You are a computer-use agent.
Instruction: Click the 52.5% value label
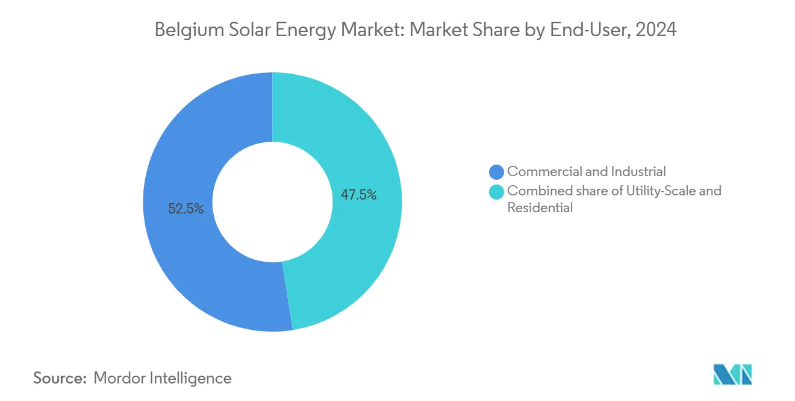[185, 209]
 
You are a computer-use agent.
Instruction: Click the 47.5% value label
[358, 195]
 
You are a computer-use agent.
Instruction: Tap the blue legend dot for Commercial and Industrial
[497, 172]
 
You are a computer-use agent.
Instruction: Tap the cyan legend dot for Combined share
[497, 192]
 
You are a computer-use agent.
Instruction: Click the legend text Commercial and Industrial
[586, 172]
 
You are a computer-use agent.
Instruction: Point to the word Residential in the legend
[540, 208]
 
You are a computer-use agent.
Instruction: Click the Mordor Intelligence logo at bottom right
[732, 374]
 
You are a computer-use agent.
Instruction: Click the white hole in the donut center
[272, 201]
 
